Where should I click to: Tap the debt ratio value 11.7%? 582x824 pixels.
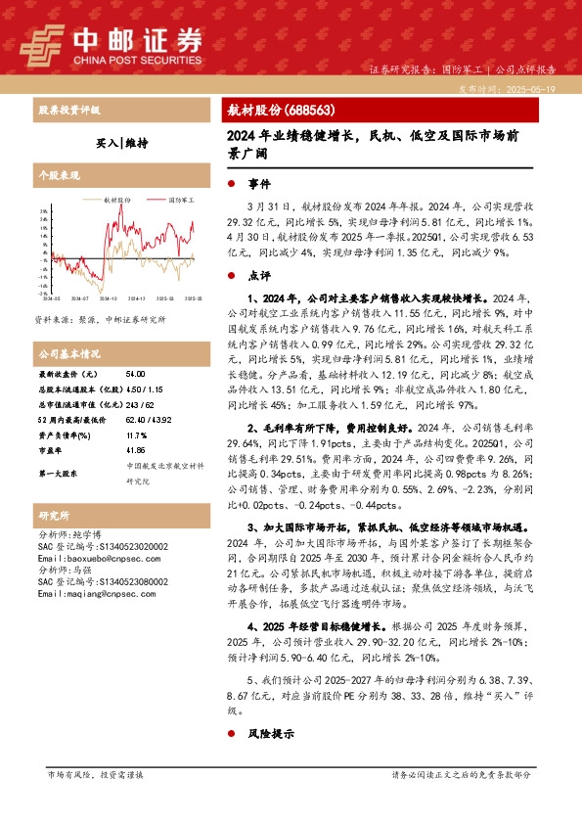click(x=137, y=434)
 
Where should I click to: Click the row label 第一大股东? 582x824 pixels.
click(x=60, y=474)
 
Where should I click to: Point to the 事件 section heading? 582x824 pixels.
click(x=259, y=184)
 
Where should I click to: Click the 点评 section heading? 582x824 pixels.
click(x=259, y=276)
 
